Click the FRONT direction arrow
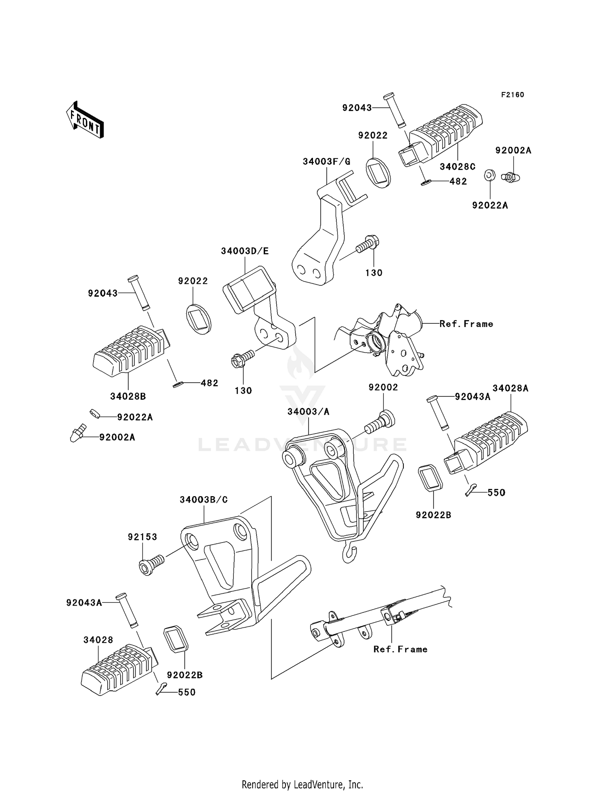[x=85, y=119]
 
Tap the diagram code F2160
[x=513, y=95]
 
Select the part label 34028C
[x=457, y=166]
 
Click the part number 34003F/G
[x=327, y=162]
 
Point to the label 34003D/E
[x=245, y=251]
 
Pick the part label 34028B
[x=128, y=396]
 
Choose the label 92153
[x=142, y=537]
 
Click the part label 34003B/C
[x=204, y=500]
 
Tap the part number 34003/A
[x=309, y=411]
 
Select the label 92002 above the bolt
[x=383, y=388]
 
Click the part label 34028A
[x=510, y=388]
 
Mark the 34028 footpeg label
[x=98, y=640]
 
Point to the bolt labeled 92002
[x=380, y=421]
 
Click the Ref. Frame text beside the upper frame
[x=466, y=324]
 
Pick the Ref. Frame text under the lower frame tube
[x=400, y=649]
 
